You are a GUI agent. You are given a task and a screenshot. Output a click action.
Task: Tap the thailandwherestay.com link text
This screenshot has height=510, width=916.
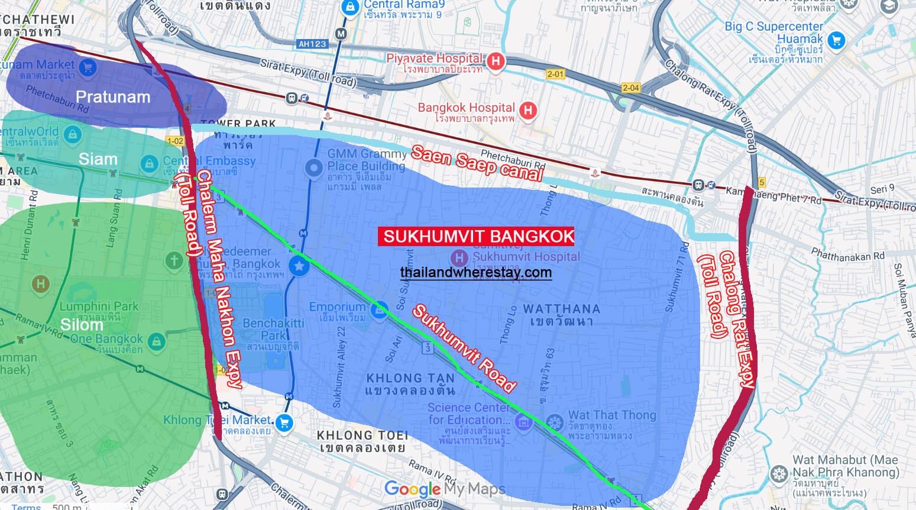475,273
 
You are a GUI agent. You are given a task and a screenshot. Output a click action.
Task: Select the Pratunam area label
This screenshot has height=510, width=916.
113,97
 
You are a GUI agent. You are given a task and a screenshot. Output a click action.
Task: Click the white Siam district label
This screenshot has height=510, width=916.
98,159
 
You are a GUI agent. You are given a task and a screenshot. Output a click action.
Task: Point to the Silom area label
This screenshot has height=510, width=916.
82,325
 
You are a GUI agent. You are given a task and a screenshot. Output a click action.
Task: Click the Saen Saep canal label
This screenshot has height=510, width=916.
476,163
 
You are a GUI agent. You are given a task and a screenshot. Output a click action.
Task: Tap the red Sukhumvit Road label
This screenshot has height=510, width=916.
464,348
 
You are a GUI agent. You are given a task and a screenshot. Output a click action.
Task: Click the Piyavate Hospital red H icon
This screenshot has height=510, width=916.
496,60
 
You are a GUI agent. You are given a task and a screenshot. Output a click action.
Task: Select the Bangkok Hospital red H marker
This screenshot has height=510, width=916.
528,109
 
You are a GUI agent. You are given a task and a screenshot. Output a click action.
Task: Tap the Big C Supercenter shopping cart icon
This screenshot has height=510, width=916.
836,40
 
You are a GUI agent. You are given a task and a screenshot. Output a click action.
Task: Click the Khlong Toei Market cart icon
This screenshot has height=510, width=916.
284,422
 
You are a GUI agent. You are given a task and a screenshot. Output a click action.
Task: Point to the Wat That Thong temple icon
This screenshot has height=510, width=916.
555,422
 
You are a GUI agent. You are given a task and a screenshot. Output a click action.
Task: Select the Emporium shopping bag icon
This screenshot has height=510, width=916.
380,308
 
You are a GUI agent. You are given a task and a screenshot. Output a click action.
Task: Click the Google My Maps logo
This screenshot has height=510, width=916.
445,489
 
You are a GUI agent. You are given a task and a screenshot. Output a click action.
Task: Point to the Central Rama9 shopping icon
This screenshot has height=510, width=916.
350,7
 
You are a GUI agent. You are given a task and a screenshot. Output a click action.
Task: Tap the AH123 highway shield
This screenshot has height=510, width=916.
312,44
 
